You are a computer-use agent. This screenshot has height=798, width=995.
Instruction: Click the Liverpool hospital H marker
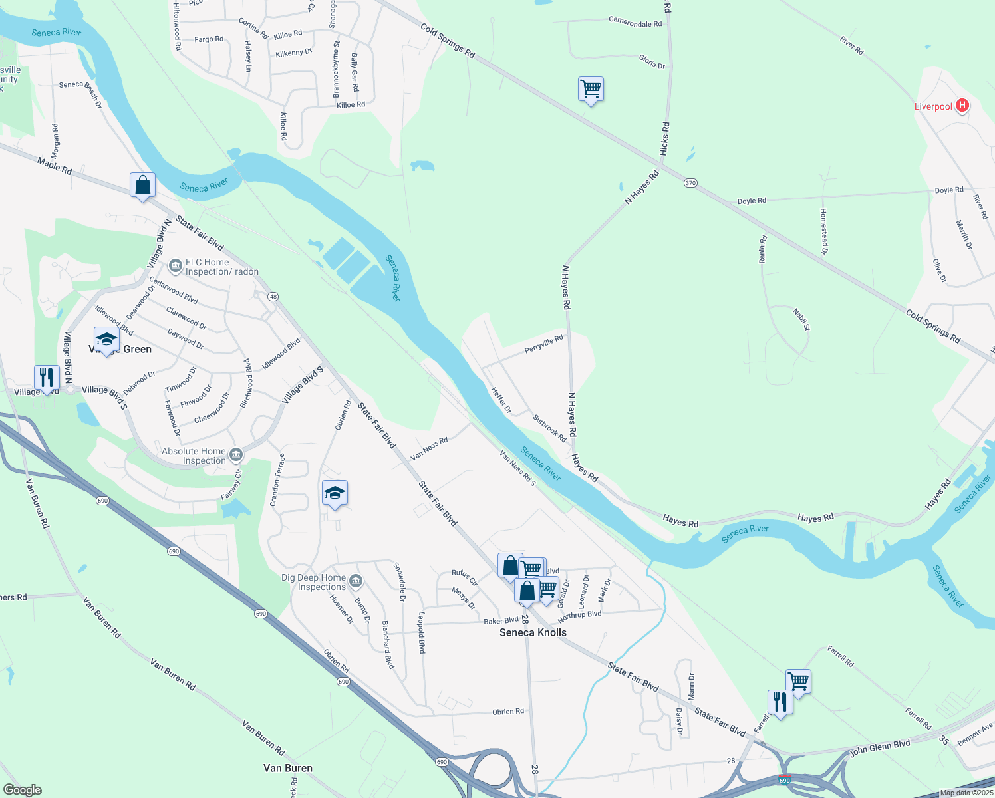click(x=962, y=106)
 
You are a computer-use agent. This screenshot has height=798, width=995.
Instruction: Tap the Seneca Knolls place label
click(x=533, y=632)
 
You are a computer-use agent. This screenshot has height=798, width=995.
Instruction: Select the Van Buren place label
click(x=287, y=768)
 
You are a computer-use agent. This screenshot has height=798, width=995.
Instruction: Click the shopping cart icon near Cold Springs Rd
click(x=591, y=88)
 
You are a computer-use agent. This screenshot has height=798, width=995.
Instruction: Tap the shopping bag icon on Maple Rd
click(x=142, y=185)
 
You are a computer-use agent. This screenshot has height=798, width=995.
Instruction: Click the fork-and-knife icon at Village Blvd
click(x=46, y=377)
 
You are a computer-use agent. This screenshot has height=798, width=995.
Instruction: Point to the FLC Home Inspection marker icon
click(x=176, y=267)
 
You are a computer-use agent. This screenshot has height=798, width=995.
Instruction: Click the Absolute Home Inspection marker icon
click(x=236, y=456)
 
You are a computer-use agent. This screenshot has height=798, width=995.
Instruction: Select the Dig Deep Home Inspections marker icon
click(x=356, y=582)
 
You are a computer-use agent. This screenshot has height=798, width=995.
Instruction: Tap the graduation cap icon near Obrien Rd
click(x=334, y=493)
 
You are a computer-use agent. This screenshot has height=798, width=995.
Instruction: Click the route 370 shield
click(x=690, y=183)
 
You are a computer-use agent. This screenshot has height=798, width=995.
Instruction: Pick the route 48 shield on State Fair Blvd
click(x=273, y=296)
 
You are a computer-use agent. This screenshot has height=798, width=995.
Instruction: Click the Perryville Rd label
click(x=543, y=344)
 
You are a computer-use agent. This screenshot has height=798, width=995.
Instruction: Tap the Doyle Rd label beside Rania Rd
click(x=752, y=201)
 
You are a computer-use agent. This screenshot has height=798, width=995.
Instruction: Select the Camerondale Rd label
click(x=635, y=23)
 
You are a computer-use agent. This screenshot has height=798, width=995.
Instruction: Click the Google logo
click(x=22, y=790)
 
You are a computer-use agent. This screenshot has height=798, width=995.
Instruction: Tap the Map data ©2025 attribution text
click(x=966, y=793)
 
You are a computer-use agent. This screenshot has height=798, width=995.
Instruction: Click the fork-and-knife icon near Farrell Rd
click(x=780, y=702)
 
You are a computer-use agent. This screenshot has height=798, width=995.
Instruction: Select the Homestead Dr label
click(x=823, y=231)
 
